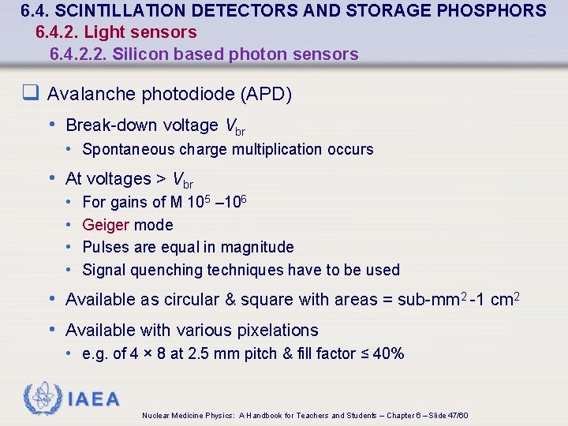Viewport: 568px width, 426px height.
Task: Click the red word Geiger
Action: [106, 225]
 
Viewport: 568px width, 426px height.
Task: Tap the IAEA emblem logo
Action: [43, 398]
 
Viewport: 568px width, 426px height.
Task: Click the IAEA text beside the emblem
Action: [94, 400]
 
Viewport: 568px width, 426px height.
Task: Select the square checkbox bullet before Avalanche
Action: [31, 95]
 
